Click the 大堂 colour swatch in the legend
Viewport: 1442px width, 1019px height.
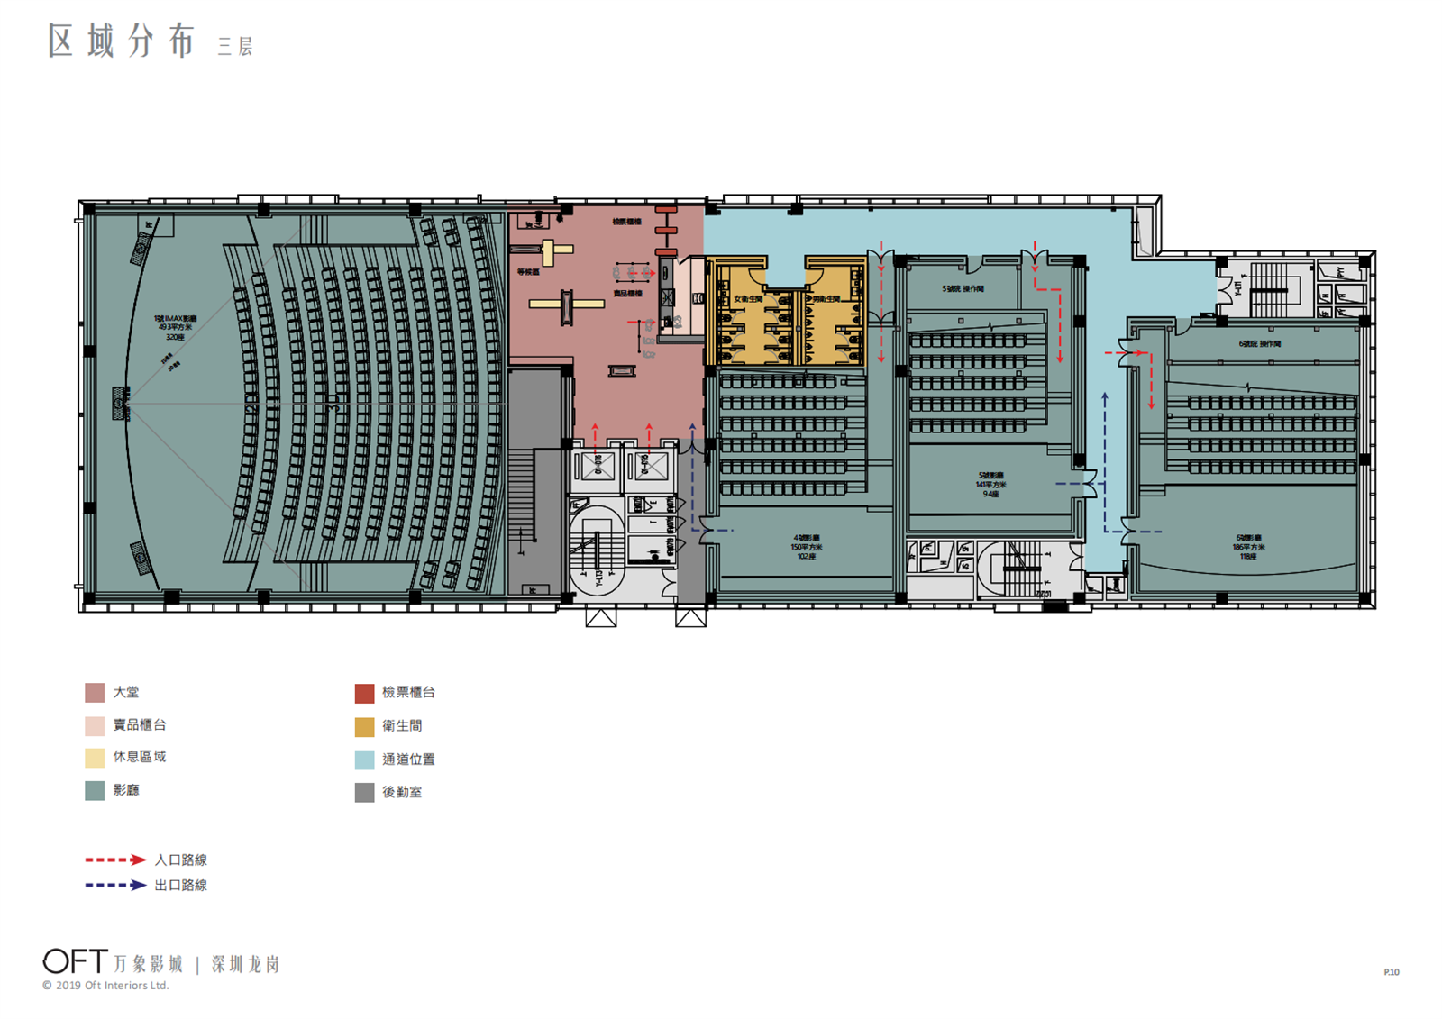[x=95, y=693]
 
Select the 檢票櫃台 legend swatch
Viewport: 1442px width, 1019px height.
[x=364, y=693]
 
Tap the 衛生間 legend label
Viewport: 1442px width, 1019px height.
[x=402, y=725]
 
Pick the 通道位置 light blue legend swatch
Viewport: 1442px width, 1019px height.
[x=364, y=760]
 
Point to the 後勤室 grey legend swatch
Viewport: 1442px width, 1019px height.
[x=364, y=793]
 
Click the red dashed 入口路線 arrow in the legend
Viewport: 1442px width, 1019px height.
[x=115, y=860]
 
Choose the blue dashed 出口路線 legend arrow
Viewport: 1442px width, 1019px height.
[x=115, y=885]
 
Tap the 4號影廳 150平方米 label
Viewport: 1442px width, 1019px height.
[x=807, y=547]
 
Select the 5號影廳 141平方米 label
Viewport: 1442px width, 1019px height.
[x=990, y=485]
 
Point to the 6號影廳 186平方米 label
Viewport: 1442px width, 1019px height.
[x=1248, y=547]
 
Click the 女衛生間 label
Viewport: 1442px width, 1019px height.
[x=748, y=299]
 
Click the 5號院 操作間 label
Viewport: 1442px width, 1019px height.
[x=963, y=289]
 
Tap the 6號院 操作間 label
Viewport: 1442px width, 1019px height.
[x=1259, y=344]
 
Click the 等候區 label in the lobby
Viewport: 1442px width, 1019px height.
[x=528, y=272]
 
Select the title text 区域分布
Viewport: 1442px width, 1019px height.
[x=121, y=41]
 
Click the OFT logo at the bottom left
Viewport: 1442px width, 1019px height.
[x=75, y=961]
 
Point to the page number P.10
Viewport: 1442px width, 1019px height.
[x=1392, y=972]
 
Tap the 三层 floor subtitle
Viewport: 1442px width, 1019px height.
[x=235, y=47]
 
